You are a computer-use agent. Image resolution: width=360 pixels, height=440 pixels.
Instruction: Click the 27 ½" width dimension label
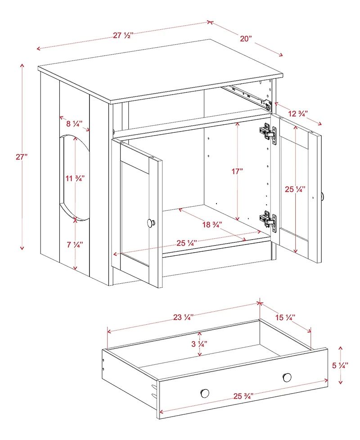click(122, 35)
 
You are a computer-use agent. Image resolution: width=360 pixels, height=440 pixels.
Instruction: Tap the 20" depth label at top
click(245, 39)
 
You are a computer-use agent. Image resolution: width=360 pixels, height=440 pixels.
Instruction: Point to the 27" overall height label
click(22, 157)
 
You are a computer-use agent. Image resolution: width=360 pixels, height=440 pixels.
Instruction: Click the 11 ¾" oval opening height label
click(75, 178)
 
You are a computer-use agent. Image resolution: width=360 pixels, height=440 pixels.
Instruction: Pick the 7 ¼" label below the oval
click(75, 245)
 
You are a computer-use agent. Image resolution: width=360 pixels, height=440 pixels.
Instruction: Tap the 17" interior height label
click(237, 172)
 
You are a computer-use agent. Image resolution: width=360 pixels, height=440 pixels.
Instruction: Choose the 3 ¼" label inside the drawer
click(199, 344)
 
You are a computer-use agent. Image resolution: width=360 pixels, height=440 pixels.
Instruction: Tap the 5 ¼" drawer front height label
click(340, 366)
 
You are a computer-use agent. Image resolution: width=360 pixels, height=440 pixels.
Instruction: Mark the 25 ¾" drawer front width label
click(243, 396)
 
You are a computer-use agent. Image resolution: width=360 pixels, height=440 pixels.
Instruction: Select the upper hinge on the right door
click(267, 132)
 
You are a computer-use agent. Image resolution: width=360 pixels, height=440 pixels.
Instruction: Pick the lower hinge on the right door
click(267, 219)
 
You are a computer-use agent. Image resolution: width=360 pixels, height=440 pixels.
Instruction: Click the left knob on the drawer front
click(205, 393)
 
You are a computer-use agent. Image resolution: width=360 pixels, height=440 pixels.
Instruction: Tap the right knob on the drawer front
click(287, 376)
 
